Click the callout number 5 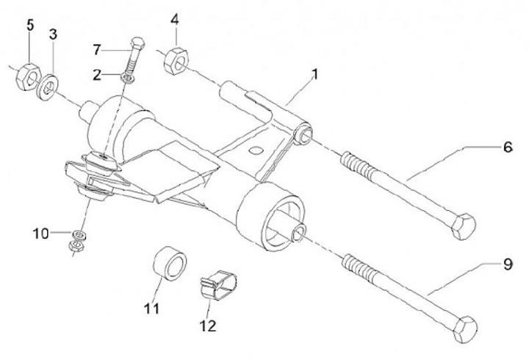30,25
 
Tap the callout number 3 53,34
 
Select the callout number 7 98,49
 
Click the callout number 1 314,74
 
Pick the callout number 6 508,147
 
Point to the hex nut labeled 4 178,61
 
